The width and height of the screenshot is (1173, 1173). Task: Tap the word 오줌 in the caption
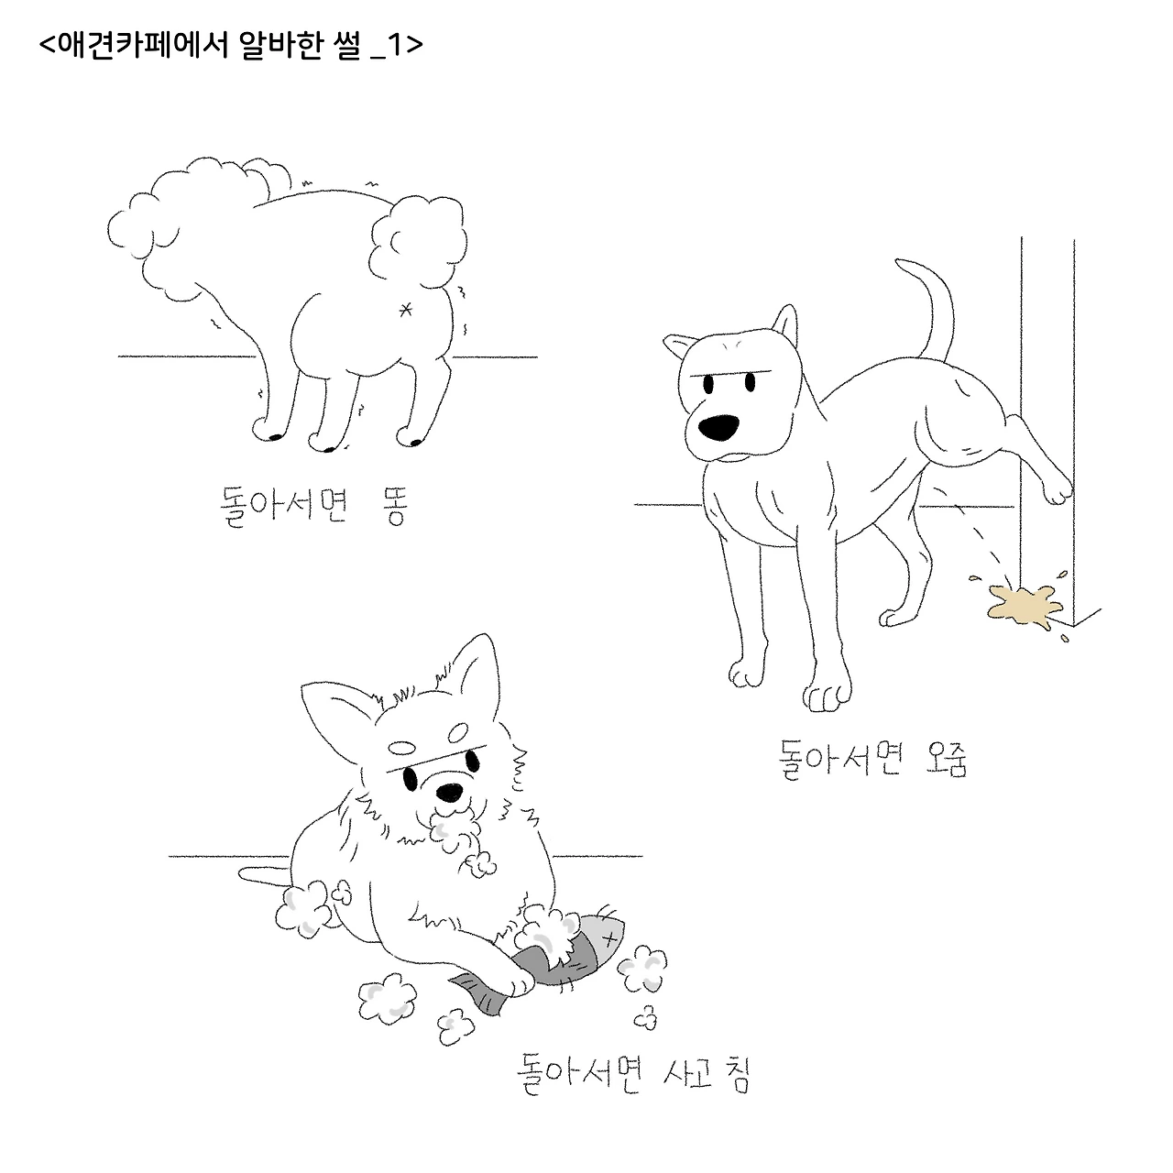[945, 759]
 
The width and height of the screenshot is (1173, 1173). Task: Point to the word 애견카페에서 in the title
[144, 44]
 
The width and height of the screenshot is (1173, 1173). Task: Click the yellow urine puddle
[1024, 605]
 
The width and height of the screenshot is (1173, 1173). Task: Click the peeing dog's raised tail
[928, 307]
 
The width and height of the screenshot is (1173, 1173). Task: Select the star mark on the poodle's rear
[405, 310]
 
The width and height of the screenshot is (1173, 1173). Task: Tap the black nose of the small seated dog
[449, 792]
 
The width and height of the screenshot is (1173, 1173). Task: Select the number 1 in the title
[395, 44]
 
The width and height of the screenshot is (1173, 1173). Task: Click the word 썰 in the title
[347, 44]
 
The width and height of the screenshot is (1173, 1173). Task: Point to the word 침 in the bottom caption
[737, 1075]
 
